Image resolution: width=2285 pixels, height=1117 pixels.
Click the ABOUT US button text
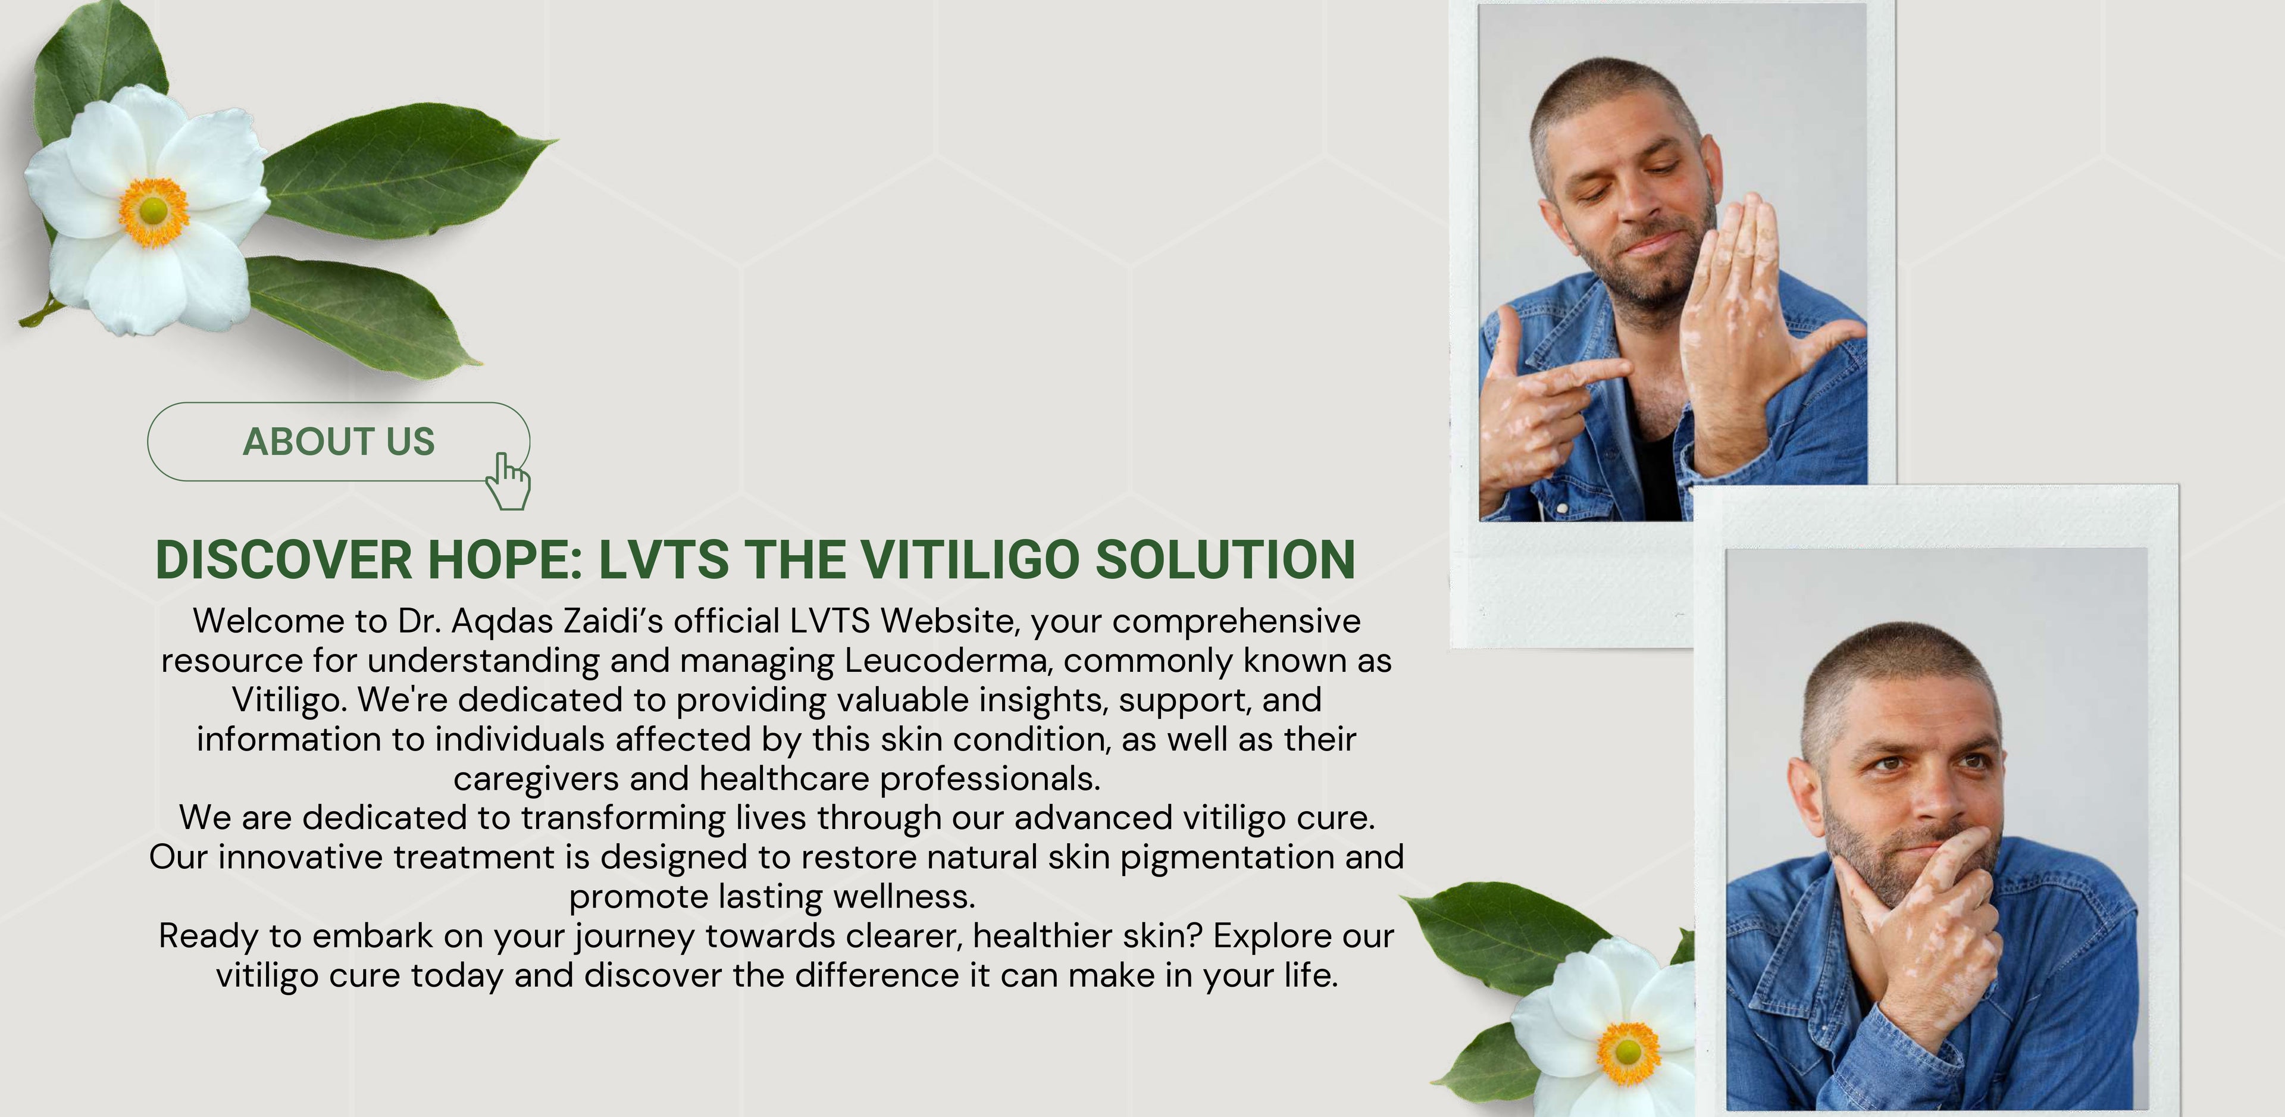tap(339, 441)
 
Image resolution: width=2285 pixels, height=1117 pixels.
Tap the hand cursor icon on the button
tap(508, 482)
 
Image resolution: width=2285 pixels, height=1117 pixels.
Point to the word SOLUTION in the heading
tap(1226, 560)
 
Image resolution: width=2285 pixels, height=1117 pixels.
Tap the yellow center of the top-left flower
tap(154, 211)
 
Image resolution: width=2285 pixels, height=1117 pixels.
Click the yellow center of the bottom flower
tap(1627, 1052)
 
